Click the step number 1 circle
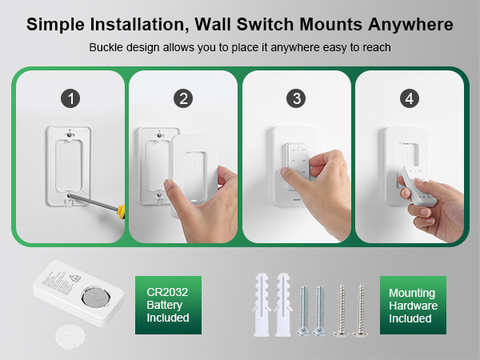72,98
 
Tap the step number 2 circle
185,98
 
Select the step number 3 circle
298,98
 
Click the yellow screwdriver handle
121,212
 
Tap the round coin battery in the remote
97,301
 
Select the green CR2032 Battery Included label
167,306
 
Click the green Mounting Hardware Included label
414,306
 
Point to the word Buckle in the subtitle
107,48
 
